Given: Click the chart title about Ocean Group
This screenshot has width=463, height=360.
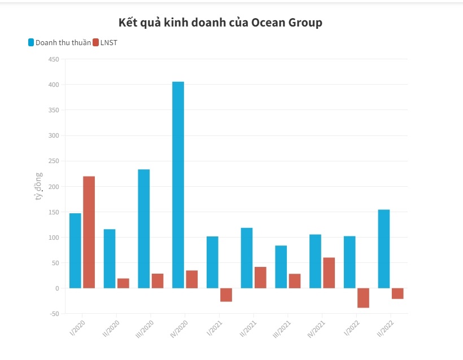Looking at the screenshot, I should tap(220, 23).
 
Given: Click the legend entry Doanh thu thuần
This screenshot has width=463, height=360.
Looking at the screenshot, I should tap(63, 42).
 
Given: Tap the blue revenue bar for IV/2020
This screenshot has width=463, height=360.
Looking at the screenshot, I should tap(178, 185).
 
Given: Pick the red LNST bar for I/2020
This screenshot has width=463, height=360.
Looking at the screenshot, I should tap(89, 232).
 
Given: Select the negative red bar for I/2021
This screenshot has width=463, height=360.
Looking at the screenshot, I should tap(226, 295).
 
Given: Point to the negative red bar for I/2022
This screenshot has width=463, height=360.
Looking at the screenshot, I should tap(364, 297).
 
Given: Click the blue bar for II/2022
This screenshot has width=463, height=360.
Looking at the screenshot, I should tap(384, 249).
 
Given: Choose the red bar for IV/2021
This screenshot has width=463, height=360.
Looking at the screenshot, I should tap(329, 273).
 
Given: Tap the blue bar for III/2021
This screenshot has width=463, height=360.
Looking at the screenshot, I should tap(281, 267).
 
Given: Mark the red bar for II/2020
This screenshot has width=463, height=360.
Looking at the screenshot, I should tap(123, 283).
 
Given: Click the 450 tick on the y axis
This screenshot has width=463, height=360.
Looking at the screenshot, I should tap(54, 59).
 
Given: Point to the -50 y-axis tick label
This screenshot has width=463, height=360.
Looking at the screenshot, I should tap(53, 314).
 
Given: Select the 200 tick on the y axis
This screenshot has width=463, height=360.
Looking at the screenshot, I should tap(54, 187).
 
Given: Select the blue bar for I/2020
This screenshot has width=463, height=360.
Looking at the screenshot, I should tap(75, 251).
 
